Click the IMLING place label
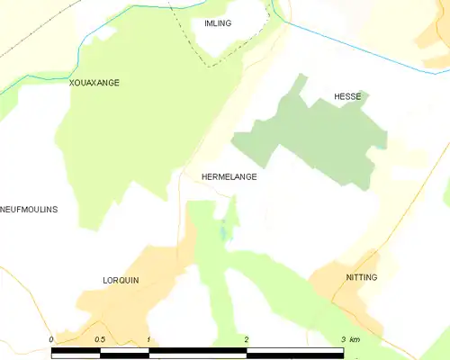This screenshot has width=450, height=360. point(219,23)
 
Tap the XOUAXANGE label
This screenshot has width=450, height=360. point(94,83)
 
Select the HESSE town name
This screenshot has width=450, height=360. point(347,96)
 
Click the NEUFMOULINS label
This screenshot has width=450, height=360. point(29,210)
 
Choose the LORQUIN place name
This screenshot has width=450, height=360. point(121,281)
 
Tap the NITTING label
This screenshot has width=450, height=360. point(362,277)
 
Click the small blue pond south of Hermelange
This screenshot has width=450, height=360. point(224,233)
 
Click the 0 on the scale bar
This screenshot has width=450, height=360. point(51,339)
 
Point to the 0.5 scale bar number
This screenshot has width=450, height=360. point(99,339)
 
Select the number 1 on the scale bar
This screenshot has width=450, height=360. point(148,339)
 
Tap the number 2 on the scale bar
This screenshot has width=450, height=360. point(246,339)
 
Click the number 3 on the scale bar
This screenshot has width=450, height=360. point(343,339)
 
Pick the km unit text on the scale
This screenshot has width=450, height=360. point(355,339)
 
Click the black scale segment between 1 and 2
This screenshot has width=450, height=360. point(197,351)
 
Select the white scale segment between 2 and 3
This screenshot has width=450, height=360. point(294,351)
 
